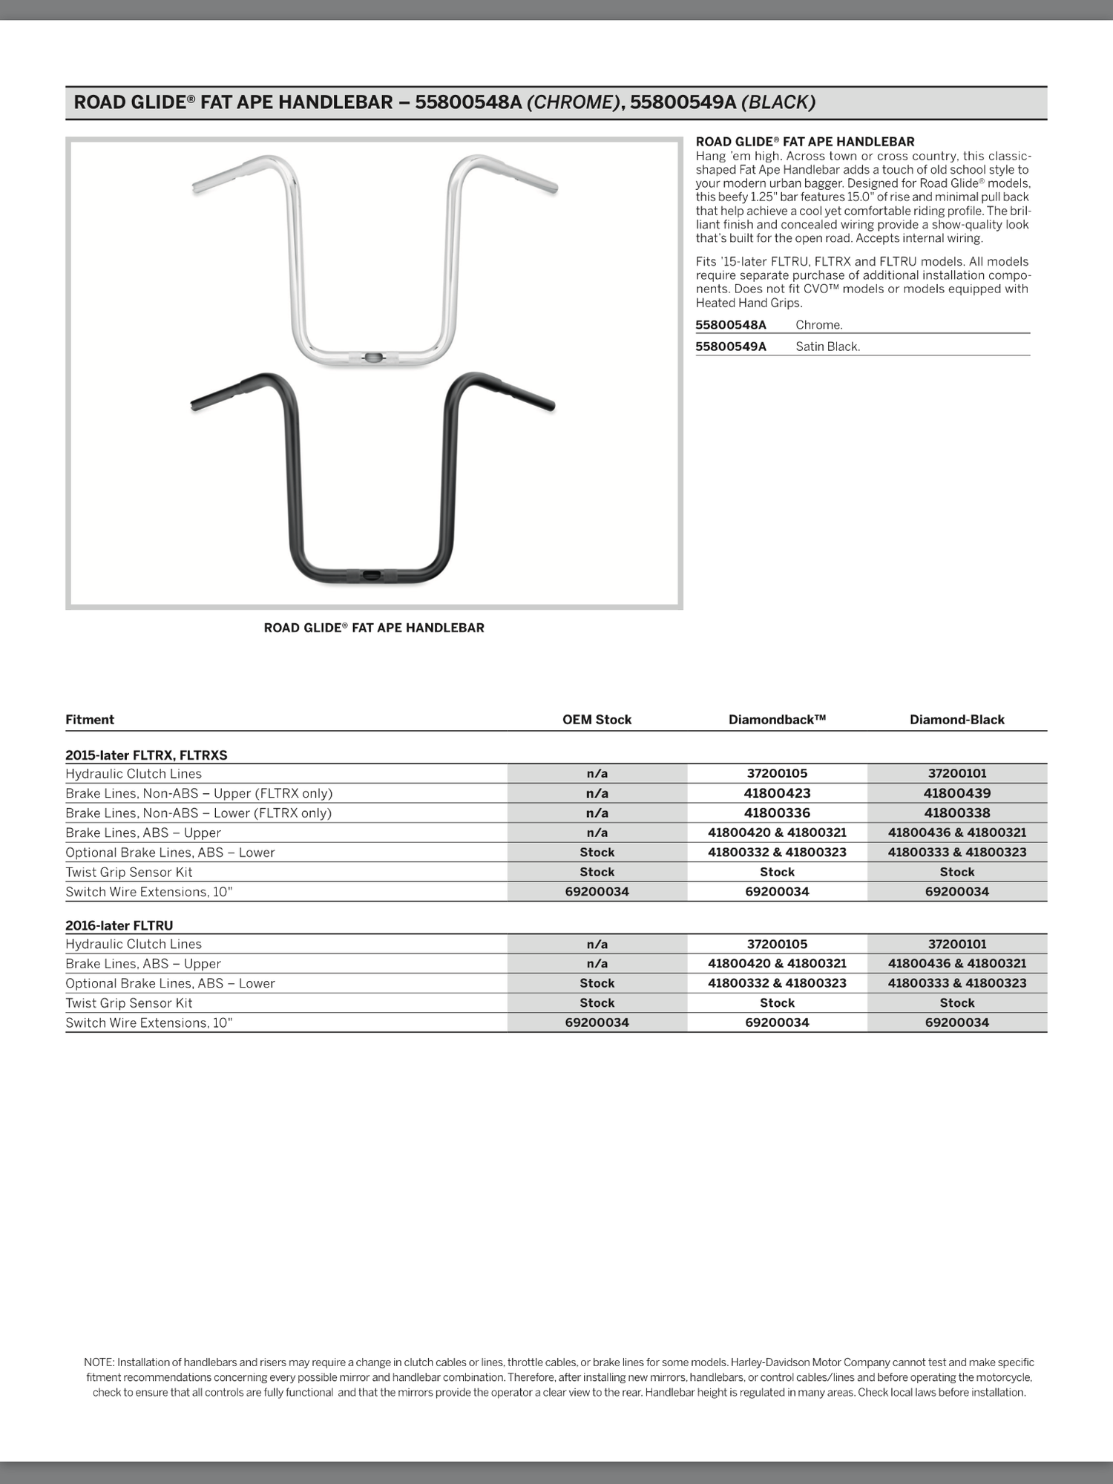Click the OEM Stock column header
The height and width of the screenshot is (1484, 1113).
pyautogui.click(x=597, y=719)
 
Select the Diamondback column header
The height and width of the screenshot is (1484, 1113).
pyautogui.click(x=777, y=719)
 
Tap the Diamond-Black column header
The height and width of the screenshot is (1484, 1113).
pyautogui.click(x=956, y=719)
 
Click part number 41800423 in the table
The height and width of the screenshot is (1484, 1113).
pyautogui.click(x=777, y=793)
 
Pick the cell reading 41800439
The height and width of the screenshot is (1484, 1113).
pyautogui.click(x=956, y=793)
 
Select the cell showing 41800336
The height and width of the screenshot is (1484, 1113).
pyautogui.click(x=777, y=812)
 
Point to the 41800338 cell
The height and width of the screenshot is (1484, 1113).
pyautogui.click(x=956, y=812)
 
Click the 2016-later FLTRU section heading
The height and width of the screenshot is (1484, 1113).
pyautogui.click(x=119, y=925)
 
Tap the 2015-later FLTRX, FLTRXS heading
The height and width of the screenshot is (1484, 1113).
pyautogui.click(x=146, y=755)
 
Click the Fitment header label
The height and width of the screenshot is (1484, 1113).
pyautogui.click(x=90, y=719)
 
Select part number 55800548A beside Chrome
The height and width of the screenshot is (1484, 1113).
pyautogui.click(x=730, y=325)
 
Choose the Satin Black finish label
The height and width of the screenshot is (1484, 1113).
pyautogui.click(x=827, y=347)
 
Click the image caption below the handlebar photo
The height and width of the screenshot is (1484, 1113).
pyautogui.click(x=374, y=628)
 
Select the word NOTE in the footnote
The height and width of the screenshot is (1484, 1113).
pyautogui.click(x=99, y=1362)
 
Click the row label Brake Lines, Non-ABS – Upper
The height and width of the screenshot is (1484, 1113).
pyautogui.click(x=199, y=793)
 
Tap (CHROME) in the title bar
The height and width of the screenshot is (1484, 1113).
pyautogui.click(x=572, y=102)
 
